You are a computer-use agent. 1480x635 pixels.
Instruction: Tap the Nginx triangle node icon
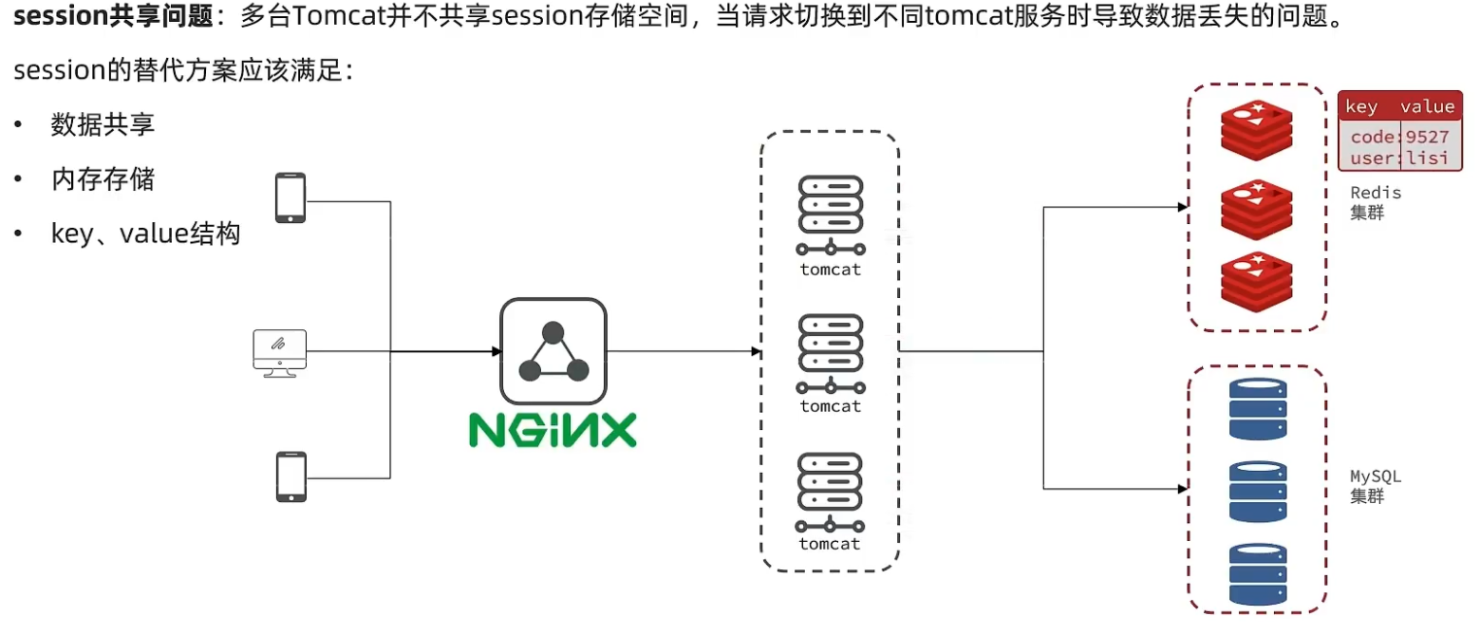(x=553, y=351)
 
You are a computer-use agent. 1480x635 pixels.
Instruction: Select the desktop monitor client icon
(x=280, y=353)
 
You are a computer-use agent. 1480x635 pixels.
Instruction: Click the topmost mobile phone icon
(x=290, y=198)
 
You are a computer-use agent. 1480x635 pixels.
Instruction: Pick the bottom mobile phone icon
(x=290, y=476)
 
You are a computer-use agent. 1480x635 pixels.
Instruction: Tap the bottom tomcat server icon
(x=831, y=493)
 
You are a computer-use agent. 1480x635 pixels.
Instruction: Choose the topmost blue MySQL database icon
(x=1258, y=409)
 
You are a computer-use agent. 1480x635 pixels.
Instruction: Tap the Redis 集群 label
(x=1374, y=202)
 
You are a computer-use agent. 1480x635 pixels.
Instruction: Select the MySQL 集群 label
(x=1374, y=485)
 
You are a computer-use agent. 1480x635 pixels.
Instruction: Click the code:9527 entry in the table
(x=1399, y=137)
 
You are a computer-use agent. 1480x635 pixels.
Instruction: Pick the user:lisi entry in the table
(x=1399, y=158)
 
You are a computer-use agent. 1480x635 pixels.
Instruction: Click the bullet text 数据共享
(x=103, y=125)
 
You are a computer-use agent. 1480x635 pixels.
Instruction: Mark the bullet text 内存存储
(x=103, y=179)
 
